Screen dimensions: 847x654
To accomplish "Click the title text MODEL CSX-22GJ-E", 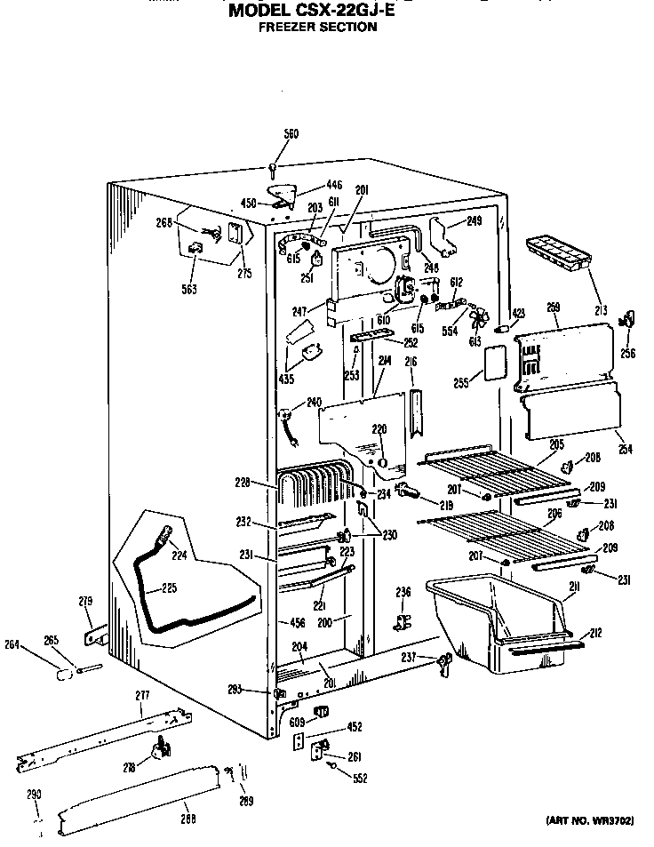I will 316,11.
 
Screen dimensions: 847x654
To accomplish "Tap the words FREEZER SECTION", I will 316,27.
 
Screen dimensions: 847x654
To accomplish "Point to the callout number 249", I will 475,220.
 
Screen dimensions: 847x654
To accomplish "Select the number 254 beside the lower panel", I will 626,450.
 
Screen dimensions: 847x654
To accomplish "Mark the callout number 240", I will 314,403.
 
